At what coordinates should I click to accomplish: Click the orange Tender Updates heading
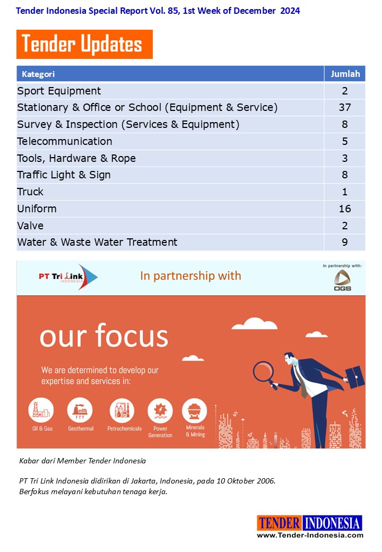84,45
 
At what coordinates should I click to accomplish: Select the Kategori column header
38,74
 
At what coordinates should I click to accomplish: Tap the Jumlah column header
345,74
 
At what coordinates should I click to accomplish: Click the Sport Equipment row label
59,91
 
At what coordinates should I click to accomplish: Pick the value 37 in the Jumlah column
345,108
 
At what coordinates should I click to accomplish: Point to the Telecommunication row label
65,141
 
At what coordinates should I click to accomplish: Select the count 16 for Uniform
345,209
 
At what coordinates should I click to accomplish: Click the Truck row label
30,192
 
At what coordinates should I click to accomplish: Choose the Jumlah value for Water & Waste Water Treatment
345,243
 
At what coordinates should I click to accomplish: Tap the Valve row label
31,226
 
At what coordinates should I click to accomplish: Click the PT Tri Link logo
68,277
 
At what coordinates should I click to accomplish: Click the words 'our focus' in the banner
104,336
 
